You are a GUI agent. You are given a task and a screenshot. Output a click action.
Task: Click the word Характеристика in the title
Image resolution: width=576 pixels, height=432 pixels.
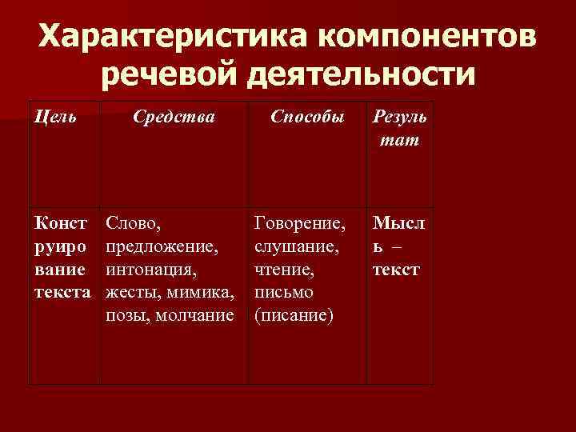pos(170,37)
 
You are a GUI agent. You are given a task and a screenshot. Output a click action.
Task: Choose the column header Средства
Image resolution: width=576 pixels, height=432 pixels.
pos(174,117)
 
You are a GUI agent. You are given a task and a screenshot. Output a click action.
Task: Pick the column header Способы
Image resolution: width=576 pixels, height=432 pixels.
pos(307,117)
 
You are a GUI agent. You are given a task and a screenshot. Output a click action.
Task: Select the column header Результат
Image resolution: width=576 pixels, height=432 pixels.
pos(399,129)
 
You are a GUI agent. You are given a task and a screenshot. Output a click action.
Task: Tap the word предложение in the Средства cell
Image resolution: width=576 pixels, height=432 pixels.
pos(162,244)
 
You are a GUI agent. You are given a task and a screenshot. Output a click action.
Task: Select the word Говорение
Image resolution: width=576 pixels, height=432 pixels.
pos(298,221)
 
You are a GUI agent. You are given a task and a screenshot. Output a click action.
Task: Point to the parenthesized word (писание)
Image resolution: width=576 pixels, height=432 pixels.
pos(292,316)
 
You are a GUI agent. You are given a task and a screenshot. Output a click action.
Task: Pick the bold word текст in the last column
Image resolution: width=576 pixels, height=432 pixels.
pos(396,269)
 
